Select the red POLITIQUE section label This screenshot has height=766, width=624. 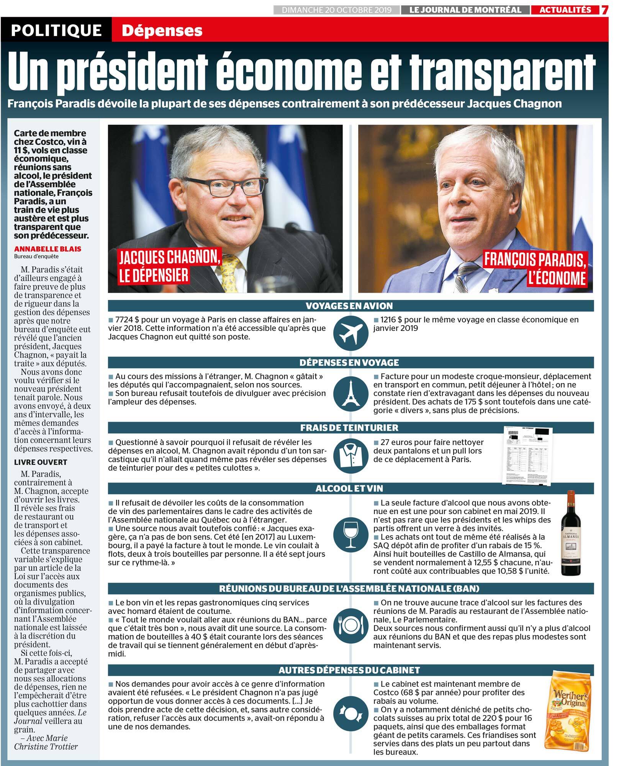[56, 30]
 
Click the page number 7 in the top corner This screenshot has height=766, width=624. [604, 10]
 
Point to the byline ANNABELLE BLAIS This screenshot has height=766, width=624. [47, 249]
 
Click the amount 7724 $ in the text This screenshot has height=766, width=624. [125, 319]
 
